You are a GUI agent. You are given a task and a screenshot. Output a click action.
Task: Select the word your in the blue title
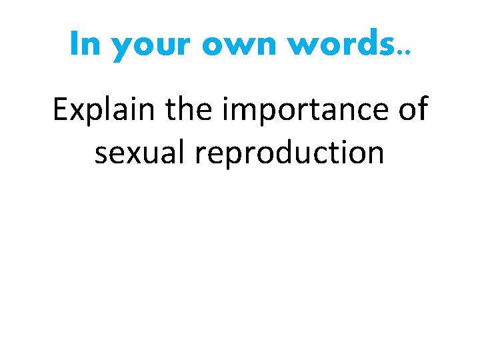click(150, 47)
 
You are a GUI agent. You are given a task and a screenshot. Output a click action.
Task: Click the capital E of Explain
click(60, 110)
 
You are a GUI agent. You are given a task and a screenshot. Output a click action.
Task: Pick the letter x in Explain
click(77, 113)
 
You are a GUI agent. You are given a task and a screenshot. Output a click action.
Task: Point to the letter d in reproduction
click(301, 152)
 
